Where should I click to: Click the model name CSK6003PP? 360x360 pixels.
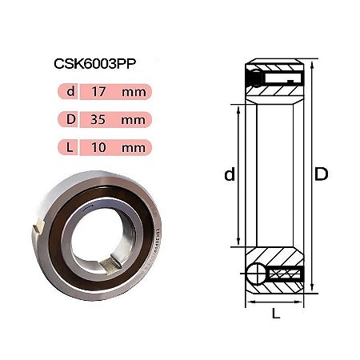click(95, 64)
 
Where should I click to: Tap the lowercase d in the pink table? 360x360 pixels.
click(70, 91)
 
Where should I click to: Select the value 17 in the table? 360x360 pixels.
click(98, 92)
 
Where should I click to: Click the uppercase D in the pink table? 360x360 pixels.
click(71, 119)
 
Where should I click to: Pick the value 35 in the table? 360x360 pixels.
click(98, 119)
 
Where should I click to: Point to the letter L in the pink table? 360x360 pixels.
click(70, 147)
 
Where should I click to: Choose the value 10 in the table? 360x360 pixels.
click(98, 147)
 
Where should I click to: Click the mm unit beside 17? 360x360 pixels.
click(134, 93)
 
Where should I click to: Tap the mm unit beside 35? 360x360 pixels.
click(134, 120)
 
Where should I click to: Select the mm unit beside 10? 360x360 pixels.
click(134, 148)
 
